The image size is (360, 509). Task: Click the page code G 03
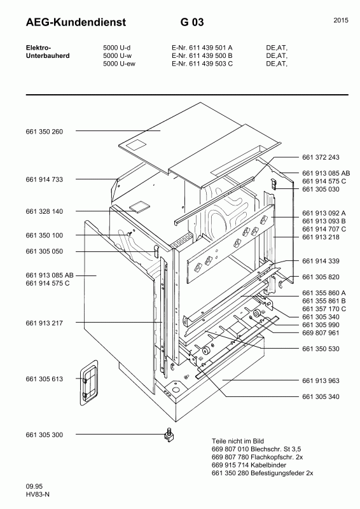192,23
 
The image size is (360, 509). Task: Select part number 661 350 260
45,132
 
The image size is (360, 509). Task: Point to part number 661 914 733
45,180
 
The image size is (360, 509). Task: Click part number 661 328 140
45,211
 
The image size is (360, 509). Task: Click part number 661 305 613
45,379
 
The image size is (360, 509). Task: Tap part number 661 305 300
45,435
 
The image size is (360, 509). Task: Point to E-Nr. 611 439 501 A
202,48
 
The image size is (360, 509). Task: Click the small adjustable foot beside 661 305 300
169,436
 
